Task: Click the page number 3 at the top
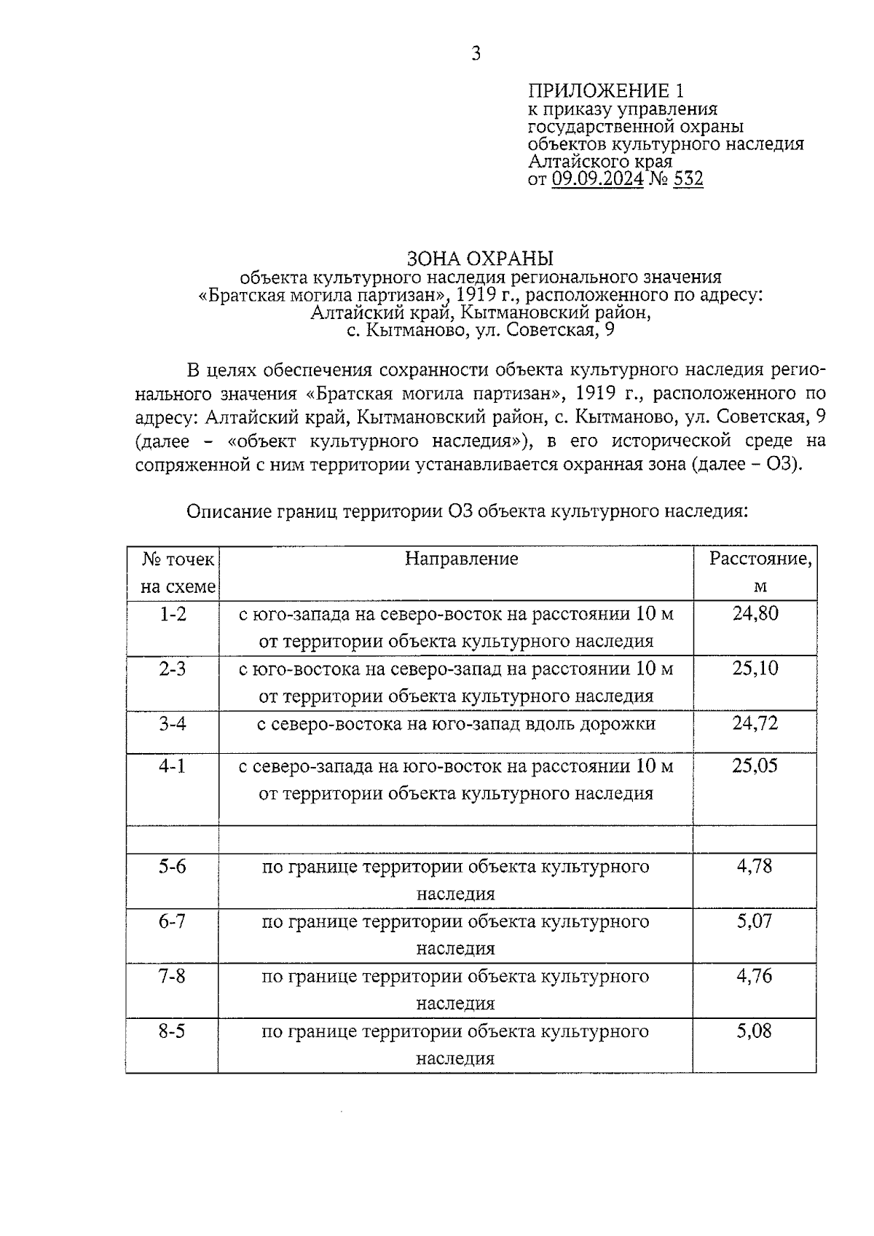pos(476,54)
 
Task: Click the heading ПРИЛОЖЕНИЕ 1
pos(606,91)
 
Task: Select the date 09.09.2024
pos(597,179)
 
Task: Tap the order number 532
pos(688,179)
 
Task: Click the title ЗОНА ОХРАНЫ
pos(480,259)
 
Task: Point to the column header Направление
pos(462,559)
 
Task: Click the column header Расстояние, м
pos(760,572)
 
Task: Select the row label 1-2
pos(173,614)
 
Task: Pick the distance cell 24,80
pos(755,613)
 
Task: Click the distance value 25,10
pos(755,668)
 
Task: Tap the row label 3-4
pos(173,723)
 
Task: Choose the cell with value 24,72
pos(755,723)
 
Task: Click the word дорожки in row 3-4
pos(622,724)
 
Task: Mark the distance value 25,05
pos(755,765)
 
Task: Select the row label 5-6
pos(173,867)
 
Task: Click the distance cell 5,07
pos(755,921)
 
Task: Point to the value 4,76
pos(755,976)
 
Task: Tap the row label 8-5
pos(173,1031)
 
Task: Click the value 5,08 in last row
pos(755,1031)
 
